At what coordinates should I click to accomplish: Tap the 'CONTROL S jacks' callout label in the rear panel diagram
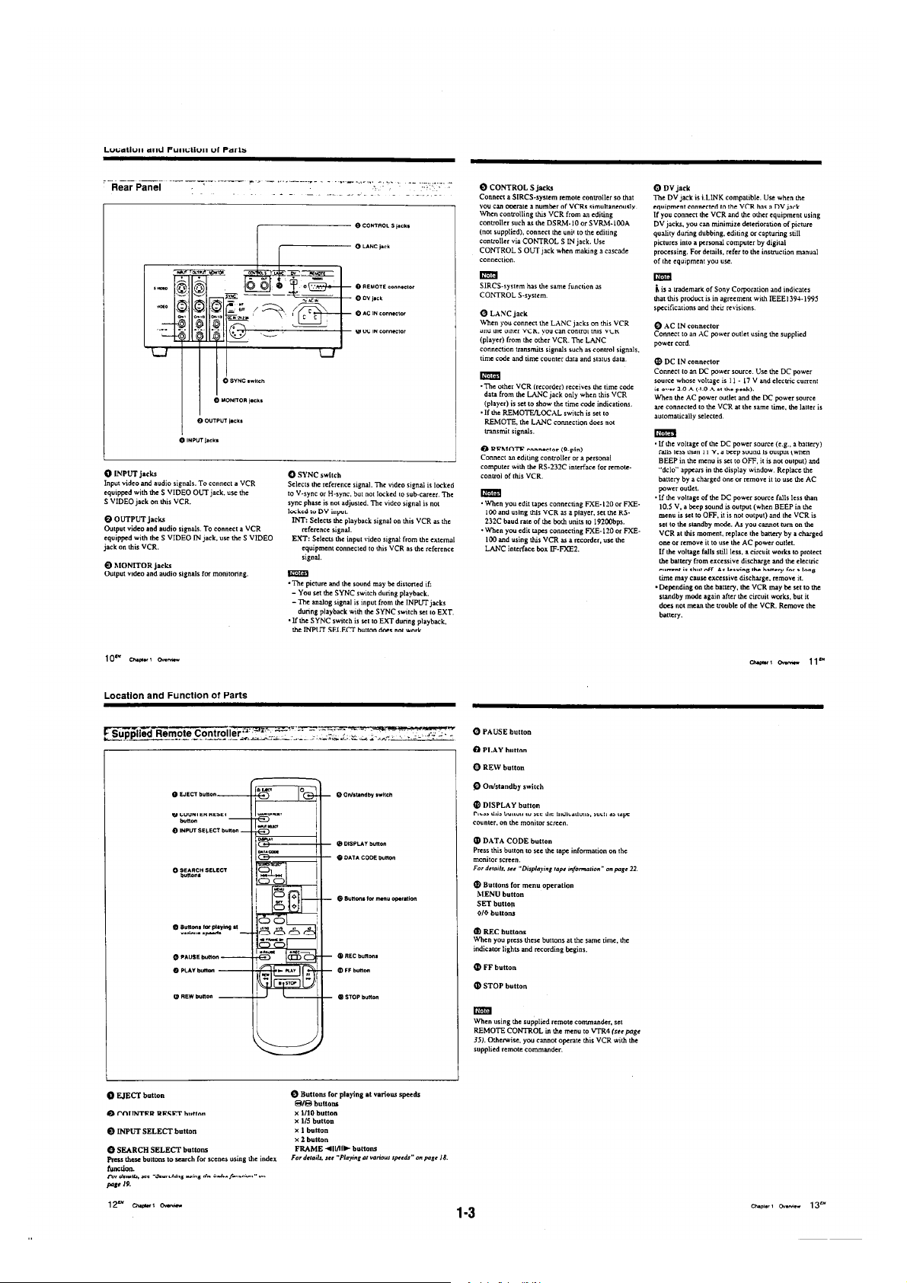tap(386, 226)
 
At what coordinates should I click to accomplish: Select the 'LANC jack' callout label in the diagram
tap(375, 246)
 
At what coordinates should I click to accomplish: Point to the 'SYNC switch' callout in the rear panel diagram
tap(243, 381)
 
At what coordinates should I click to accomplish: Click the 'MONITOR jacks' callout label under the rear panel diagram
tap(238, 400)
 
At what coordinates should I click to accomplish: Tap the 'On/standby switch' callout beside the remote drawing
tap(367, 794)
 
